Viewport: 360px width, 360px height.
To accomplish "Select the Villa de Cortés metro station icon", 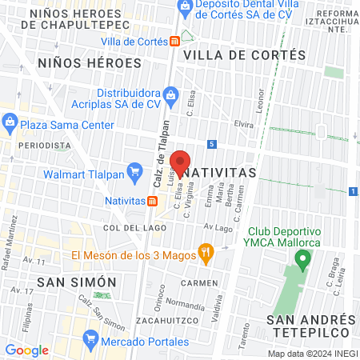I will (174, 41).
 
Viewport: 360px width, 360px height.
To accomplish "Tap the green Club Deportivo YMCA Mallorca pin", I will (302, 259).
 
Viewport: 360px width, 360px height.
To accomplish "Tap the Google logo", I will (26, 350).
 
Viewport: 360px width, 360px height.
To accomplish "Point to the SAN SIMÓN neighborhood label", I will (77, 282).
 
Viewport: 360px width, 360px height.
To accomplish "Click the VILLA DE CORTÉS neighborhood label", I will (244, 55).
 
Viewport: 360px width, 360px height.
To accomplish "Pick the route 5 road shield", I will (233, 144).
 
